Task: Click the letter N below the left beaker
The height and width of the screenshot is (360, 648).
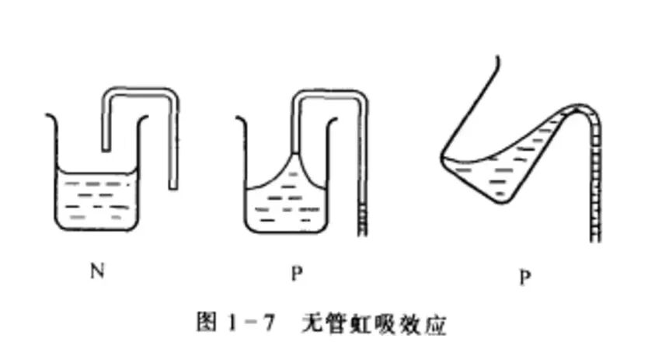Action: [97, 271]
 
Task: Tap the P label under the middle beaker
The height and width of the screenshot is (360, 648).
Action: [297, 273]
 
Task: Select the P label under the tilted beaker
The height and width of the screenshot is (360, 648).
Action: [524, 278]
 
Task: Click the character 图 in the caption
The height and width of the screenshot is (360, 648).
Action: [207, 322]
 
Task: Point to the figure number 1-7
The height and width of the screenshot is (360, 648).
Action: [251, 323]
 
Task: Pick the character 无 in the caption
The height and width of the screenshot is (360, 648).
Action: [312, 323]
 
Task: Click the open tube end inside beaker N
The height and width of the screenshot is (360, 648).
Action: [106, 149]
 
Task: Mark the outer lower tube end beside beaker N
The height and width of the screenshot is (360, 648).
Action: [173, 187]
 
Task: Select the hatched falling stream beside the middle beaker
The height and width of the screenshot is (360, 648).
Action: [362, 219]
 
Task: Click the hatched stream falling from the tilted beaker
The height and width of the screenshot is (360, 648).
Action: [595, 182]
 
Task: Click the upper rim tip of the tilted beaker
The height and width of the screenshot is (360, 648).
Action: [497, 58]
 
